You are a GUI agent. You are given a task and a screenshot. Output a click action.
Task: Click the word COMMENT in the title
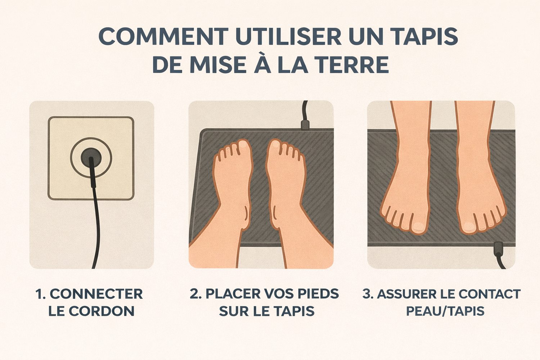click(x=163, y=36)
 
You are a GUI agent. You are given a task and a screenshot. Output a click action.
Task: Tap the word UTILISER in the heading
click(x=288, y=36)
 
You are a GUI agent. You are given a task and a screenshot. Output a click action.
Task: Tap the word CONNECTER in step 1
click(x=96, y=294)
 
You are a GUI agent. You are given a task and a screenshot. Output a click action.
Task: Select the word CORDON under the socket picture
click(x=102, y=311)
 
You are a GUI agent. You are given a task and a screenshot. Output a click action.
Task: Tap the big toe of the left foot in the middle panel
click(x=244, y=146)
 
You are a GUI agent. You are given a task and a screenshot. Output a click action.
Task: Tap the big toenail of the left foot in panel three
click(x=418, y=227)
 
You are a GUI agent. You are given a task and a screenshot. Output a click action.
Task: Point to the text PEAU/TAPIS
click(x=445, y=311)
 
